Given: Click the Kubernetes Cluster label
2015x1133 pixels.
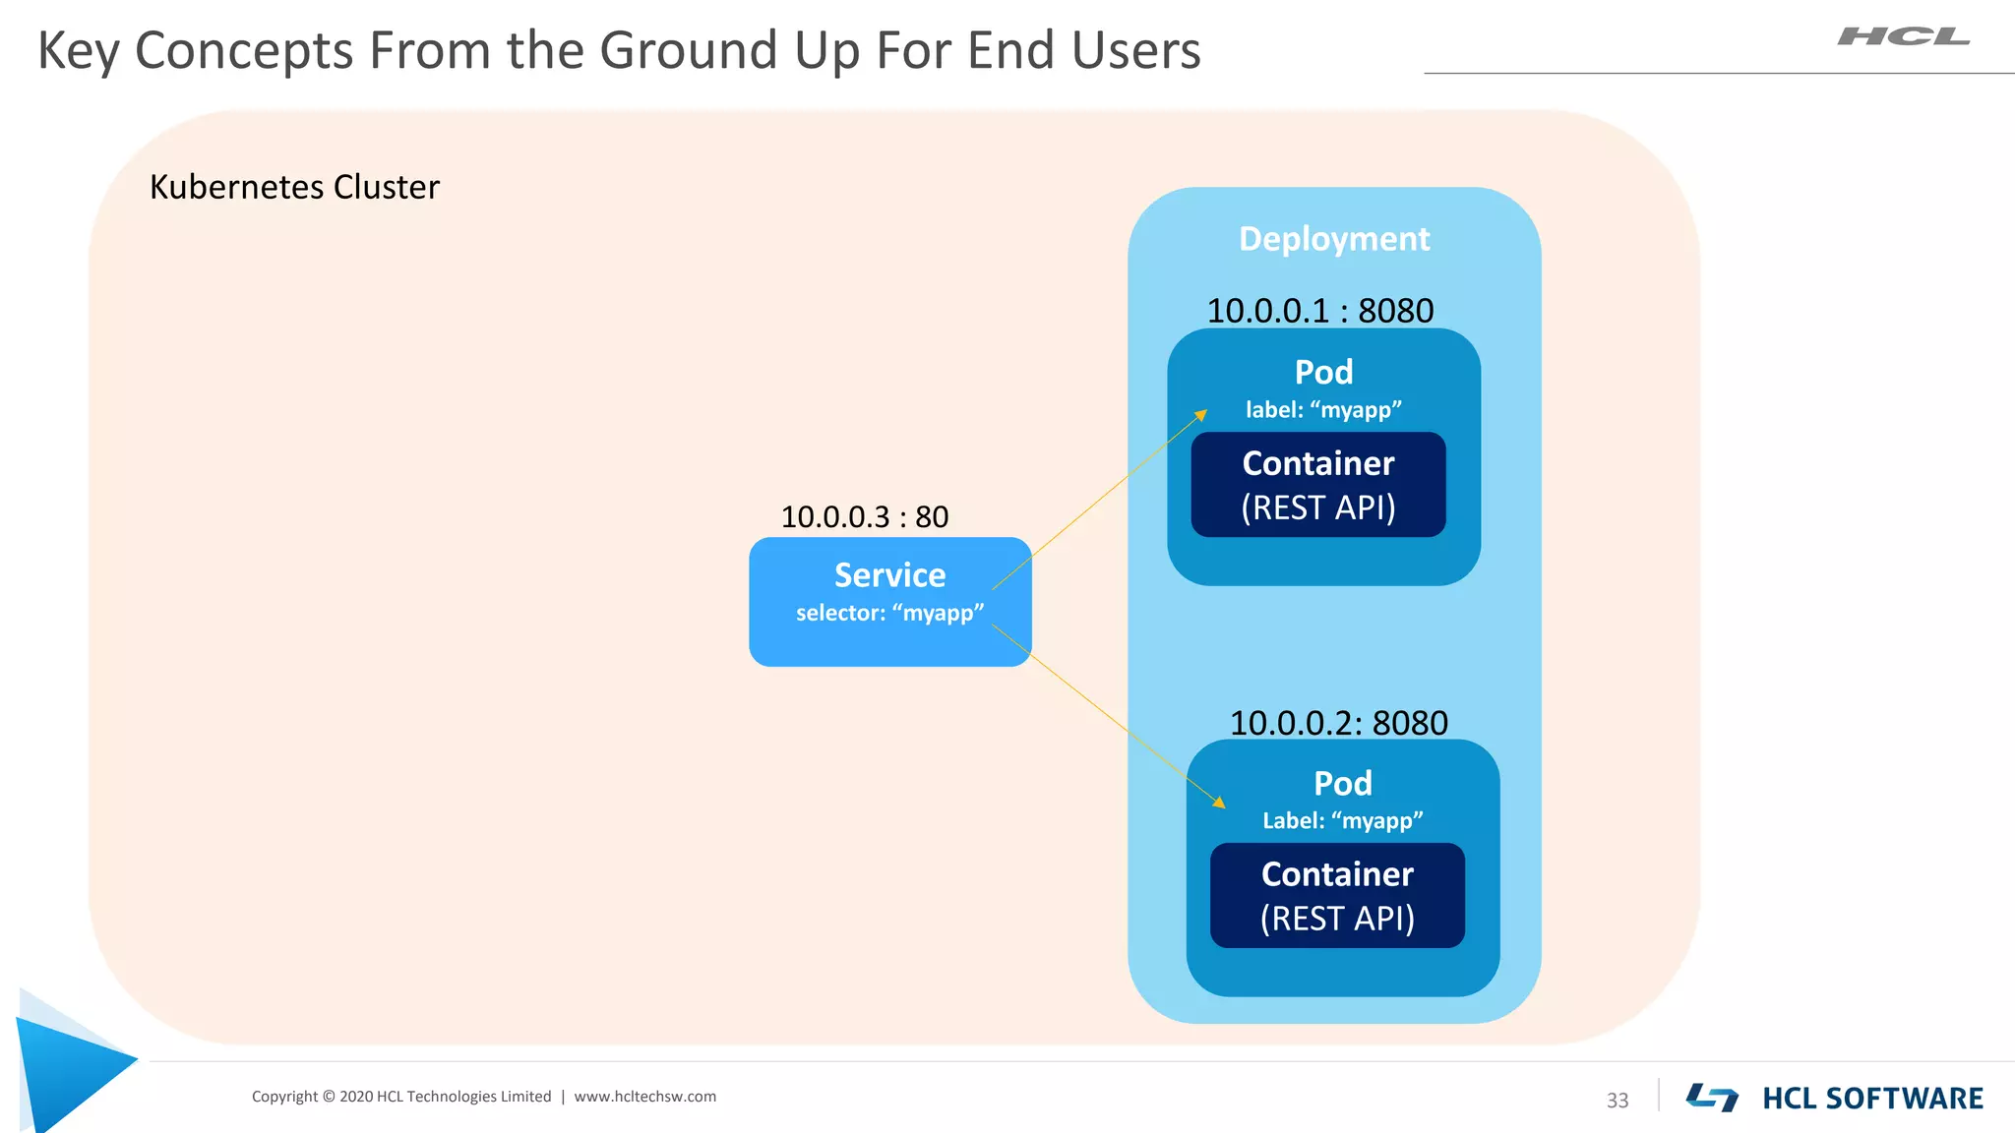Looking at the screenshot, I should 294,187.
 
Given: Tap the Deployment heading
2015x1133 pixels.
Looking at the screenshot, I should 1333,239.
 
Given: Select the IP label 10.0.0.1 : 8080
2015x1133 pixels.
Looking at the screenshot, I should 1319,311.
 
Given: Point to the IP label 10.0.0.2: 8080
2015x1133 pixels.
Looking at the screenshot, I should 1338,723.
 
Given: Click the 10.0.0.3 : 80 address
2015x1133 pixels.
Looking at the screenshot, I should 864,516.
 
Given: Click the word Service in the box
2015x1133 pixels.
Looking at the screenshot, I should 889,575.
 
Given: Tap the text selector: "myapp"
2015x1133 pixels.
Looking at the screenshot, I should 889,613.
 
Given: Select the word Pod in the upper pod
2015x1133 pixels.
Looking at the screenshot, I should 1323,373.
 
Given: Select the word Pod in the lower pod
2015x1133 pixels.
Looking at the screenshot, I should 1342,784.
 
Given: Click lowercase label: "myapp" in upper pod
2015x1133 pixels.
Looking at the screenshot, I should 1323,410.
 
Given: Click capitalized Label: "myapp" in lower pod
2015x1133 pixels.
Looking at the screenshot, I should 1342,821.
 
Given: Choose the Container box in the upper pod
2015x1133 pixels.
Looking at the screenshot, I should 1317,485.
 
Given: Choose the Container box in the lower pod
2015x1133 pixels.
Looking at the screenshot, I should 1337,896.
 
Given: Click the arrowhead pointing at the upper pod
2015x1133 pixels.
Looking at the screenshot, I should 1201,415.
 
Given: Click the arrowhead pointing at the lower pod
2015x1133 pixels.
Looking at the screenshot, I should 1220,803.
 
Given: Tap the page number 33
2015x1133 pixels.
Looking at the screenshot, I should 1618,1101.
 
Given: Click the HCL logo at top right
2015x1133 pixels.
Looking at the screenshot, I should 1903,37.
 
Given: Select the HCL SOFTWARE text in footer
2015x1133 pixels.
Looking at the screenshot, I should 1871,1099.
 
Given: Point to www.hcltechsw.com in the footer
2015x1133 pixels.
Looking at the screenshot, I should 644,1097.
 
